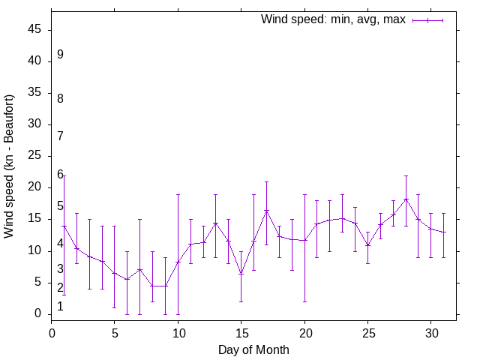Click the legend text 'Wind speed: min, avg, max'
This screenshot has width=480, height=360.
click(333, 19)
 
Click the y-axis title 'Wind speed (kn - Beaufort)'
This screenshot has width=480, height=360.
click(10, 166)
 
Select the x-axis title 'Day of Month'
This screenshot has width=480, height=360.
click(253, 349)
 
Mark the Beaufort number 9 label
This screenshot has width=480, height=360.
click(60, 55)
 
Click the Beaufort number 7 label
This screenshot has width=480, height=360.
click(60, 136)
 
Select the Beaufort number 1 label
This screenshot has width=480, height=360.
click(60, 307)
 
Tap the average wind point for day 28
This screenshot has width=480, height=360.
click(406, 199)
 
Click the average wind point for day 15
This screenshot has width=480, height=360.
click(241, 274)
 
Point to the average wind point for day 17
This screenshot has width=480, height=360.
click(266, 210)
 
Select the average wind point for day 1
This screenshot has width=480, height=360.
click(64, 226)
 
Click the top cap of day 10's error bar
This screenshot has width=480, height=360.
click(178, 194)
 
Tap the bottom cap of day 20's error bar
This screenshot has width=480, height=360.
click(304, 301)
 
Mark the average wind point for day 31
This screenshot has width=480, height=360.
click(444, 232)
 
